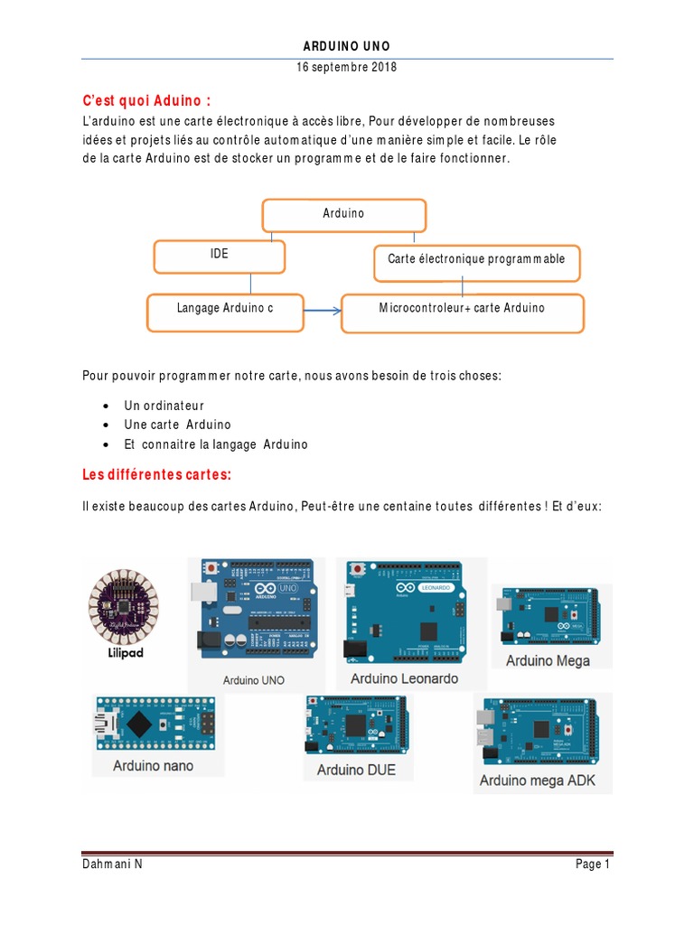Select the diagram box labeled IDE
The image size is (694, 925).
pos(220,256)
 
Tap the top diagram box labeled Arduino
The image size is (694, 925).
pos(343,215)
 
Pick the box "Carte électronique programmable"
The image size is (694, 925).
pos(476,260)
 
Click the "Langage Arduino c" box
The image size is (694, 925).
pos(225,310)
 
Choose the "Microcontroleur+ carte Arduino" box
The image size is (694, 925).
pos(462,311)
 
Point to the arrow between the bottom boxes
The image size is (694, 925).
pos(322,311)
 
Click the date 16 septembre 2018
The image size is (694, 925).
pos(346,68)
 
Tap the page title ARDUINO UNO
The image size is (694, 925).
pos(347,46)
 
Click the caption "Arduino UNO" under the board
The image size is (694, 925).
pos(253,680)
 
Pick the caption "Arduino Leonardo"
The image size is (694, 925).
pos(404,678)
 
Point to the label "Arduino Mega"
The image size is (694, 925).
pos(548,660)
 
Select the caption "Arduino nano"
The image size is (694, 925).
pos(153,766)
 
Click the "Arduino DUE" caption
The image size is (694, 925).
pos(356,770)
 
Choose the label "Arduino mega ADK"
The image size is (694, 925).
pos(538,780)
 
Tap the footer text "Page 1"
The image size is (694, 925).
pos(593,864)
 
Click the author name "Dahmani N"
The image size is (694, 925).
pos(112,864)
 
